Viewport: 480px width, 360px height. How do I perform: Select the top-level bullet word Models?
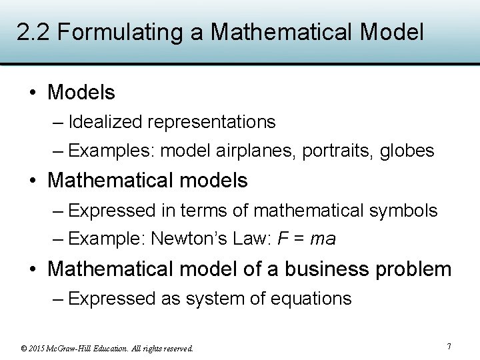[x=81, y=92]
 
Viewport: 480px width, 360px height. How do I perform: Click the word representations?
[x=211, y=122]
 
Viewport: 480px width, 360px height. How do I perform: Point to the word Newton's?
[x=183, y=239]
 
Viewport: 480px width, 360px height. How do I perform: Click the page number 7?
[x=449, y=347]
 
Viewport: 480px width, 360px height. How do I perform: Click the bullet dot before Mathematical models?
[x=33, y=181]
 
